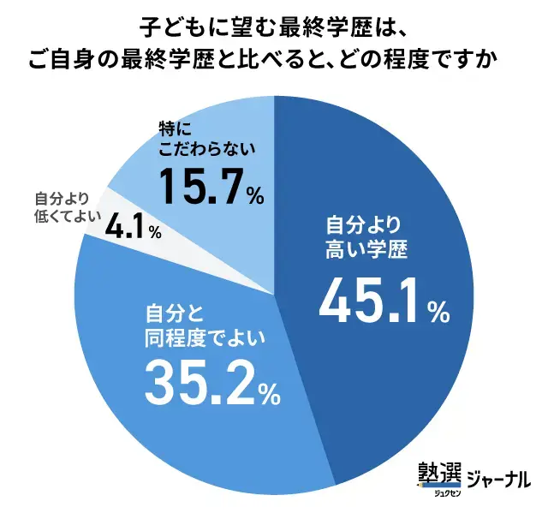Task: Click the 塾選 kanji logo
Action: click(x=438, y=474)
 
